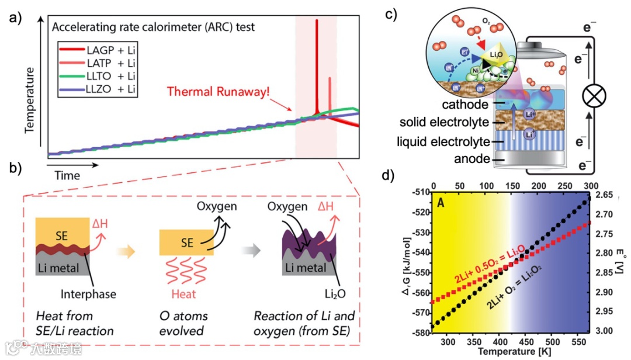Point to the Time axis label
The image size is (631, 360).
(68, 175)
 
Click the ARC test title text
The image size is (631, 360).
(153, 27)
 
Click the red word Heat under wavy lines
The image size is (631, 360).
(185, 294)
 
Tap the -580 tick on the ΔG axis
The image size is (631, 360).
(421, 333)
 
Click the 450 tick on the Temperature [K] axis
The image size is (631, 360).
(523, 341)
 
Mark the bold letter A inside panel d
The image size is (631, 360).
(442, 203)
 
